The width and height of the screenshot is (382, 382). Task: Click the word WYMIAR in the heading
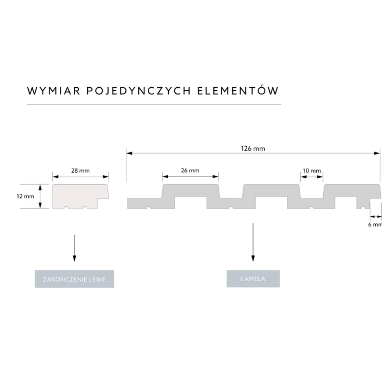[x=54, y=91]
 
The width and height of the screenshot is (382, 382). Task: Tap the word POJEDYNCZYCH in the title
[x=139, y=91]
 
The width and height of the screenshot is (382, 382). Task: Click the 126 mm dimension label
[x=253, y=148]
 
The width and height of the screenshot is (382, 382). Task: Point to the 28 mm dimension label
[x=81, y=170]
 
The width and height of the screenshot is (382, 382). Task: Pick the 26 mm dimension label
[x=190, y=170]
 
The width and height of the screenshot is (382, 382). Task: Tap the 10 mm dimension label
[x=312, y=170]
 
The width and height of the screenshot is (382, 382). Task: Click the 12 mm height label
[x=25, y=196]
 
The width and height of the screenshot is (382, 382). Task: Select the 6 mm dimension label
[x=375, y=224]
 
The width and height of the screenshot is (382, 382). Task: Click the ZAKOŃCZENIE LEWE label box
[x=74, y=279]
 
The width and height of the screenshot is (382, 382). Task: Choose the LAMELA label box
[x=253, y=279]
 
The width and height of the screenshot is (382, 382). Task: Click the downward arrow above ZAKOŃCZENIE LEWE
[x=74, y=248]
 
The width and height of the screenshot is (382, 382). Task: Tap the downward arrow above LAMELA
[x=253, y=242]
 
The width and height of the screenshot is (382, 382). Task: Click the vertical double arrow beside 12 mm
[x=40, y=196]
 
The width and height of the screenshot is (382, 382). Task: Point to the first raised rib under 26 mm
[x=191, y=191]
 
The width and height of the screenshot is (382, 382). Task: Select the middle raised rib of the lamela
[x=271, y=191]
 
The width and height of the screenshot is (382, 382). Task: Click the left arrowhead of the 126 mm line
[x=129, y=153]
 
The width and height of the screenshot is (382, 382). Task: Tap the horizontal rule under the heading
[x=154, y=104]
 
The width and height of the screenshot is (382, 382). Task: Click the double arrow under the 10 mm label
[x=312, y=177]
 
